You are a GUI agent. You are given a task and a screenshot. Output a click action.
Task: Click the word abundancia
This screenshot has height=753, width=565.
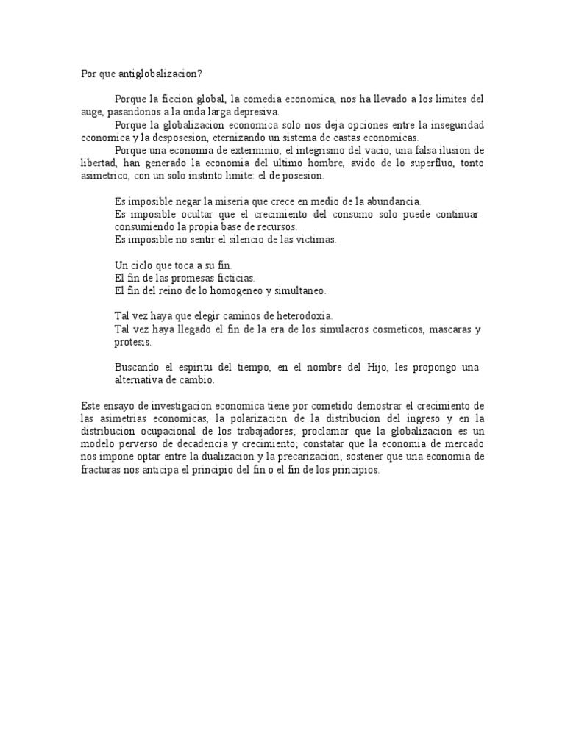click(x=393, y=201)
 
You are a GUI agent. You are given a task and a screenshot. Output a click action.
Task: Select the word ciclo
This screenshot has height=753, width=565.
click(x=146, y=265)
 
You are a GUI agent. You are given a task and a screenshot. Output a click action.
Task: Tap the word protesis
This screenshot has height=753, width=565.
click(x=133, y=342)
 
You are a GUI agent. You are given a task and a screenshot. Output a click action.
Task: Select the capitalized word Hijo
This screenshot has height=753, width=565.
click(x=377, y=368)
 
